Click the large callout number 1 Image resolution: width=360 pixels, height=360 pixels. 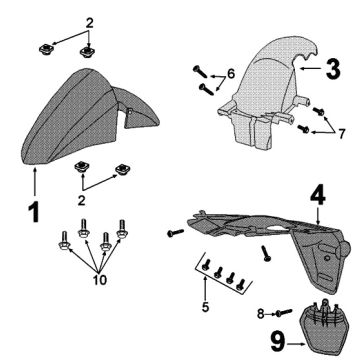34,212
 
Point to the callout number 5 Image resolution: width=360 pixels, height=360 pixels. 205,307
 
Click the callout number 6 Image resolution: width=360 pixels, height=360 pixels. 231,74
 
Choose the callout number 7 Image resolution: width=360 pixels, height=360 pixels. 341,134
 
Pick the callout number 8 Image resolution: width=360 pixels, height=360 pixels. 261,314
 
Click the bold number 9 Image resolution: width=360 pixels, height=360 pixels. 277,343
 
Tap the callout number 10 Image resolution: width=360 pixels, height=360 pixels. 100,280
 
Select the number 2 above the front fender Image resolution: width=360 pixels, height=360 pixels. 90,23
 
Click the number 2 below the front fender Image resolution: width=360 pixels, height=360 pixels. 82,200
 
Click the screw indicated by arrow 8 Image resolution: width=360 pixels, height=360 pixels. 284,312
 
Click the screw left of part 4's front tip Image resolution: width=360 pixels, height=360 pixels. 175,232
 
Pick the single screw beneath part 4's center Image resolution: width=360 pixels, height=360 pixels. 267,253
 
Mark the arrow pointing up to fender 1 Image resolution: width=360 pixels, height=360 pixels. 35,182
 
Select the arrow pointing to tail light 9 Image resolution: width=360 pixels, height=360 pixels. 296,344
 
